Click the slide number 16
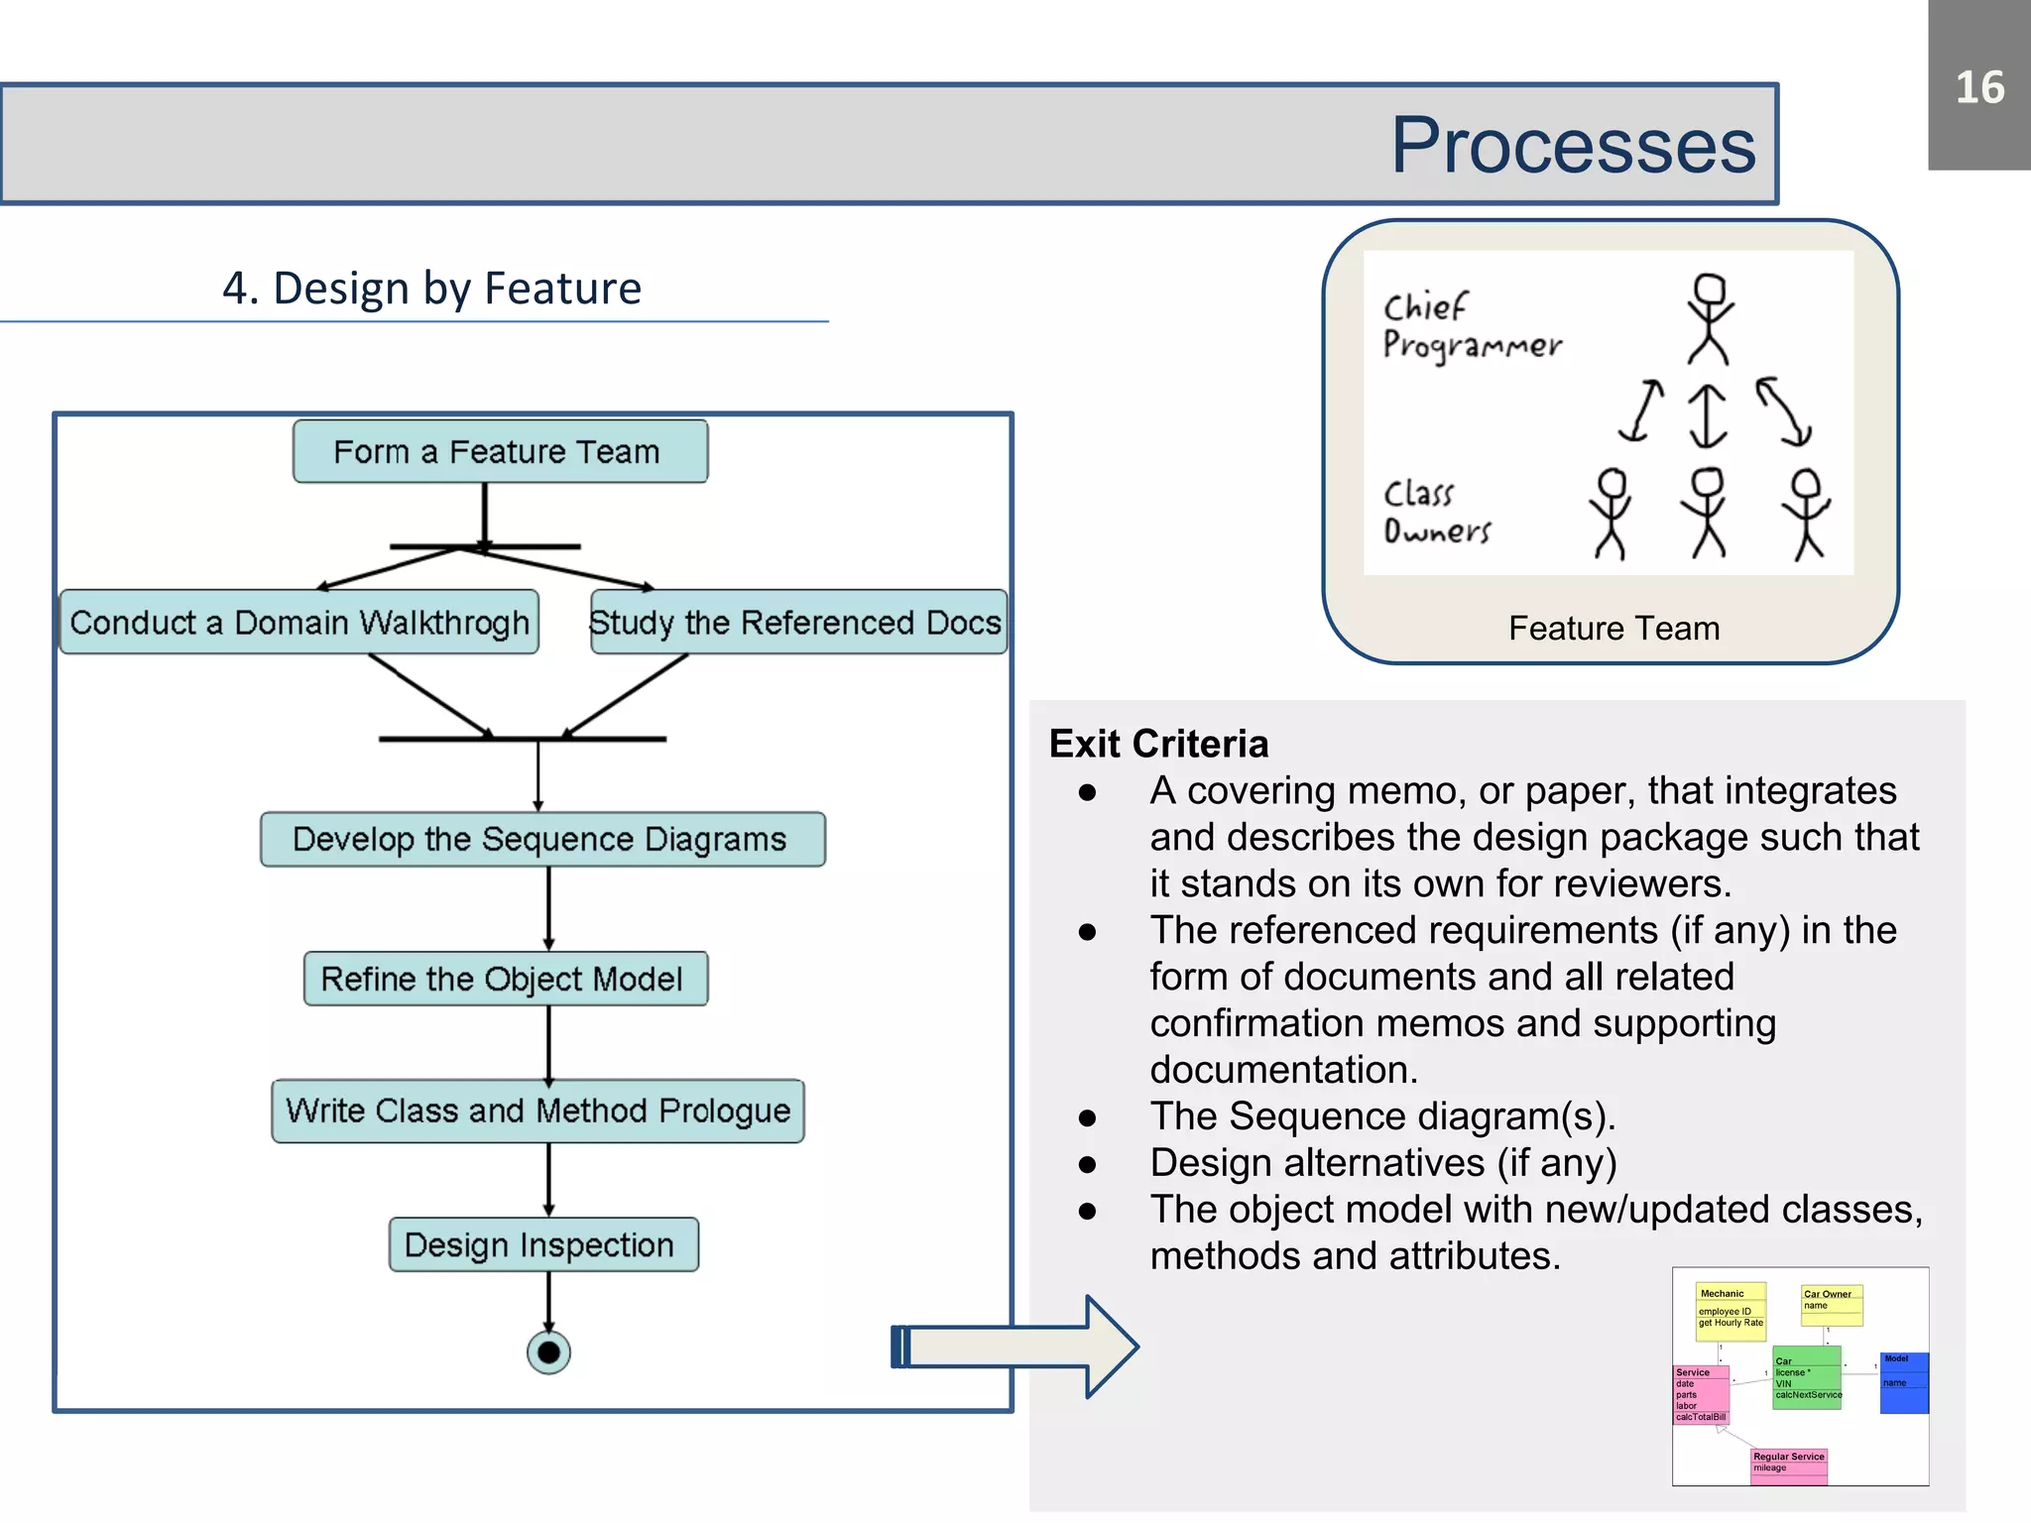click(x=1978, y=87)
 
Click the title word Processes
click(x=1572, y=146)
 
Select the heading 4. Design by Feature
click(x=431, y=289)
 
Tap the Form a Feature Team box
click(x=500, y=452)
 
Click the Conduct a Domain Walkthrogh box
click(x=299, y=623)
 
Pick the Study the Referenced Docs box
click(x=797, y=623)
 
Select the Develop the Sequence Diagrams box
click(x=541, y=840)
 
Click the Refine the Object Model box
click(x=505, y=980)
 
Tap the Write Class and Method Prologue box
click(x=538, y=1111)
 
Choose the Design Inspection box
click(x=542, y=1245)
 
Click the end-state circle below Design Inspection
click(x=548, y=1352)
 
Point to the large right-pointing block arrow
click(x=1016, y=1347)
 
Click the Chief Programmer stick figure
click(x=1709, y=318)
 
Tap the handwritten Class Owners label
click(x=1435, y=513)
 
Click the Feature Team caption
click(x=1613, y=629)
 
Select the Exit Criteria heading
click(x=1158, y=744)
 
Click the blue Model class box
click(x=1903, y=1382)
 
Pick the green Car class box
click(x=1806, y=1377)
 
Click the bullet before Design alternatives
click(x=1088, y=1165)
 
